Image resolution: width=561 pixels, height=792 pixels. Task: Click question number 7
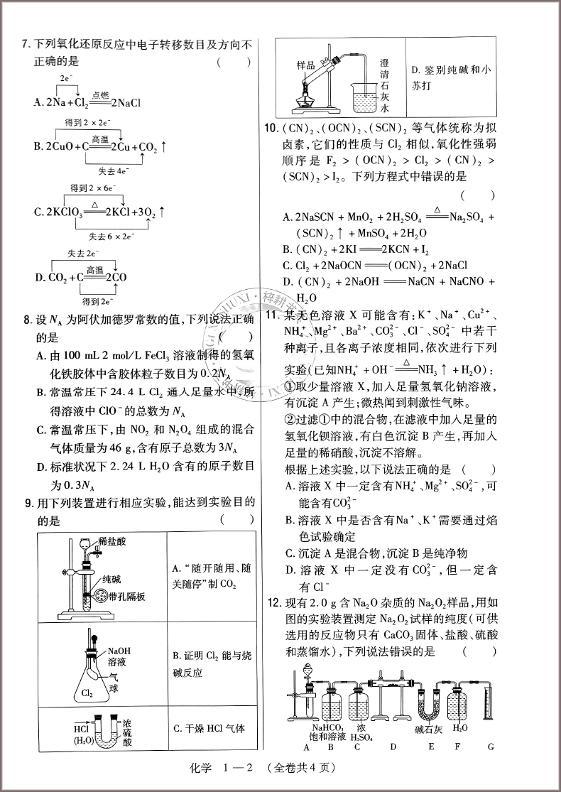26,45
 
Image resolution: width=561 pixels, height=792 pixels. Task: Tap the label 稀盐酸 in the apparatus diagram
114,541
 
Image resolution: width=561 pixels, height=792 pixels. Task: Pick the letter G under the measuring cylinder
490,747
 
